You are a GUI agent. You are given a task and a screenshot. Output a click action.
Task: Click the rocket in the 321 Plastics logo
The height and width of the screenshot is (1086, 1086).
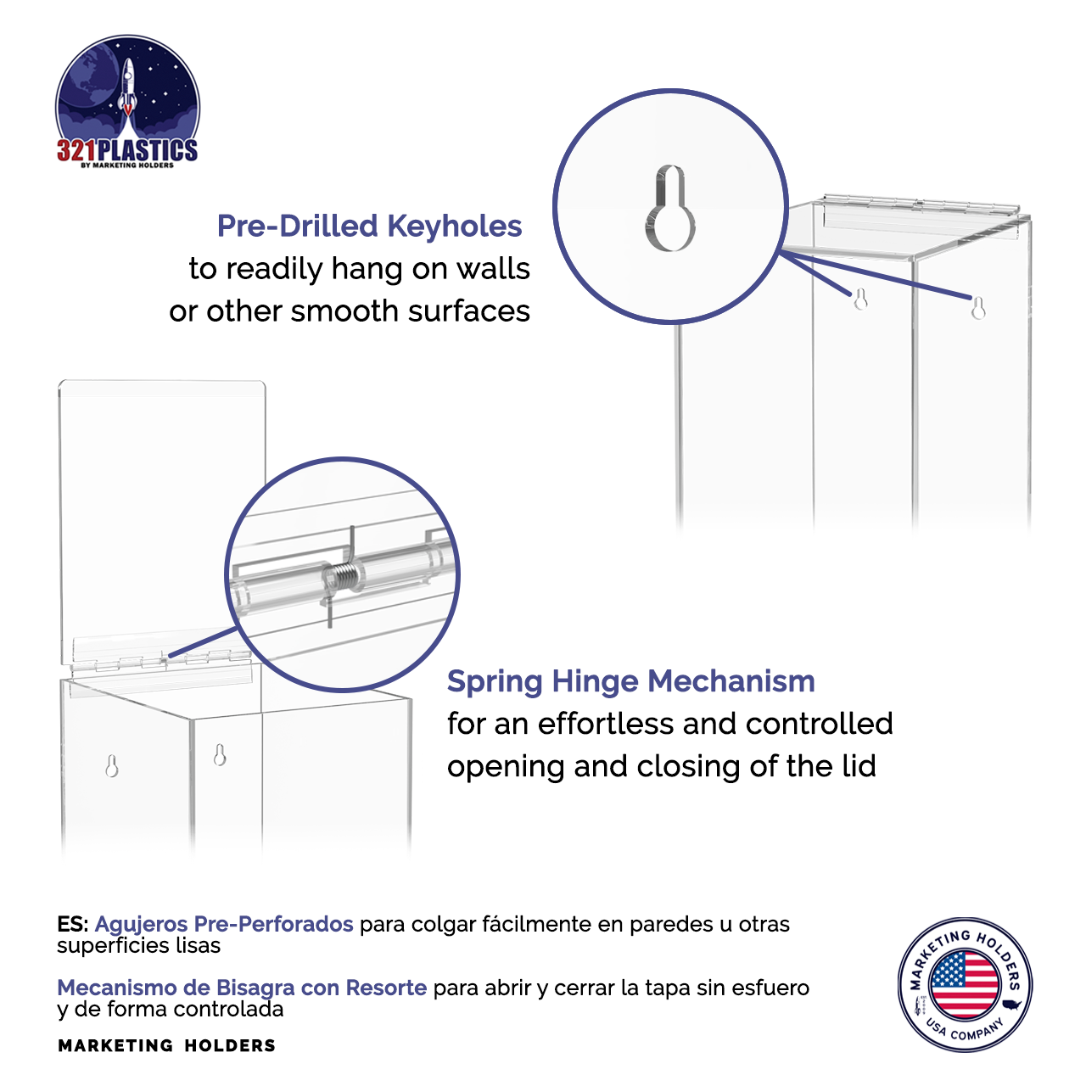127,85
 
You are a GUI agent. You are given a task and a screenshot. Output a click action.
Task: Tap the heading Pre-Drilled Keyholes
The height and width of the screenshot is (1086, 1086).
369,227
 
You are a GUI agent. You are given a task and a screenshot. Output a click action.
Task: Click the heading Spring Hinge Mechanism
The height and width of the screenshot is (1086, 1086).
630,681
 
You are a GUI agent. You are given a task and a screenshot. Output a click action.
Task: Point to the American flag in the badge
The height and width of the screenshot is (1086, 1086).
965,984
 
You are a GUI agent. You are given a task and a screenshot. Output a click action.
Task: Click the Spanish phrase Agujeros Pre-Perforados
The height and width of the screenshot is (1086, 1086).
224,924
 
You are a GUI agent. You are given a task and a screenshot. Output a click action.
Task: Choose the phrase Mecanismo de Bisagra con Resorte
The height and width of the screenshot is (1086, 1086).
242,988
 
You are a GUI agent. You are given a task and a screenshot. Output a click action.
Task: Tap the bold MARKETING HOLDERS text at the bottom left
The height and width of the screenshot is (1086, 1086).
166,1046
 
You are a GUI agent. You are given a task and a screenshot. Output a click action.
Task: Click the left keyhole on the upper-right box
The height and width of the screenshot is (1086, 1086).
860,299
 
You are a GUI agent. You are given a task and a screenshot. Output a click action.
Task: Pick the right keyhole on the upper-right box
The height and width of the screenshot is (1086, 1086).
978,307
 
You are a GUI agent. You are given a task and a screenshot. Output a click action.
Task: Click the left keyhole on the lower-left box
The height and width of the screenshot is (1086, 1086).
111,766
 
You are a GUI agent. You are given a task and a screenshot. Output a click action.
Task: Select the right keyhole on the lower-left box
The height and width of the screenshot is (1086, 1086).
220,754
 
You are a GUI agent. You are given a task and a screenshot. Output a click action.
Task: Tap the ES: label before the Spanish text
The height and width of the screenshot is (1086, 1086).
73,924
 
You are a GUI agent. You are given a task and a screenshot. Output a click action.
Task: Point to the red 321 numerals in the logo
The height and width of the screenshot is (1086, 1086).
76,151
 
